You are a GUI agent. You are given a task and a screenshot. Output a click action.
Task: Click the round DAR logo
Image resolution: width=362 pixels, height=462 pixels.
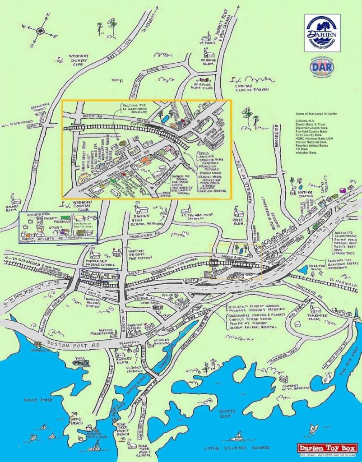point(322,66)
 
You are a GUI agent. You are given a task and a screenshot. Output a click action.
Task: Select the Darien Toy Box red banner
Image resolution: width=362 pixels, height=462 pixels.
point(327,448)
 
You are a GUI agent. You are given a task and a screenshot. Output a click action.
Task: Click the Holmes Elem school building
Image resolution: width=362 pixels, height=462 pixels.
point(16,199)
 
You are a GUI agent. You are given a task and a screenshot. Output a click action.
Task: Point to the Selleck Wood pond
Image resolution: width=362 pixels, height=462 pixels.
point(301,270)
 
